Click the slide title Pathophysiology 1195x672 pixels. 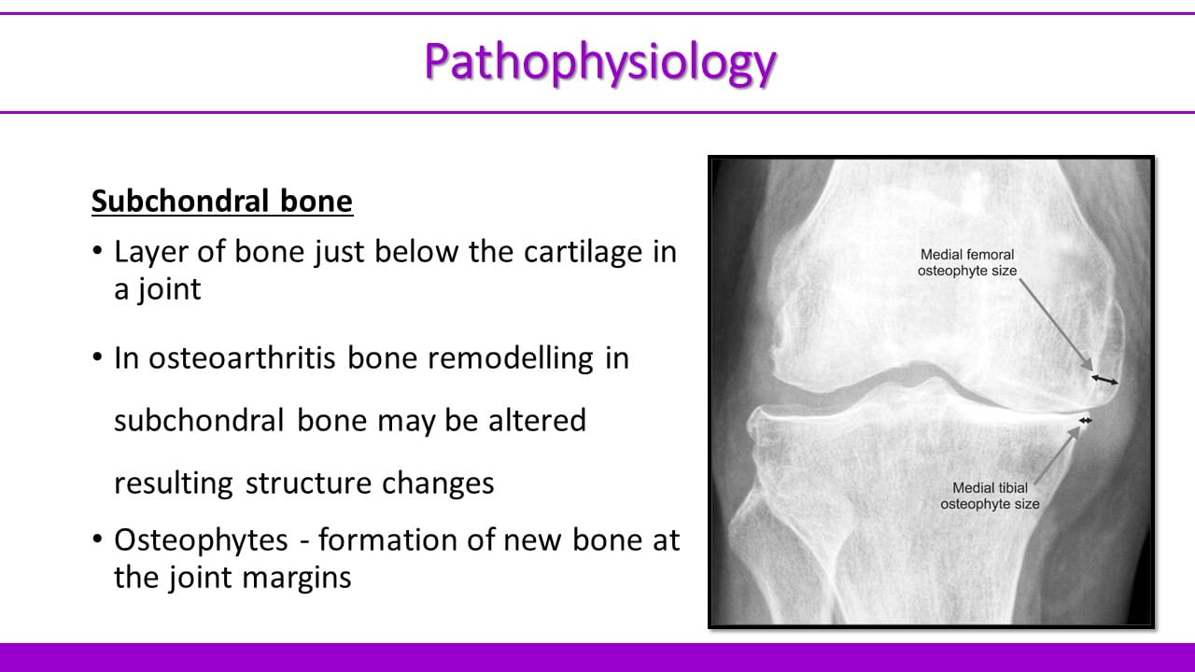600,63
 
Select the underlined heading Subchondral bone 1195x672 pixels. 222,201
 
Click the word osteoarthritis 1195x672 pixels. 241,357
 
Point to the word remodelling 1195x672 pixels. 510,357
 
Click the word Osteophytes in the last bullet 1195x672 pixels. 201,540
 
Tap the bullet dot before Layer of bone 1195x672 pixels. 97,250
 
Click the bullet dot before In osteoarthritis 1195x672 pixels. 97,357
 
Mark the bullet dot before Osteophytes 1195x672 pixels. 97,539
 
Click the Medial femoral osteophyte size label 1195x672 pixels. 967,262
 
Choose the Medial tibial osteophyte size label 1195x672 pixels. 990,496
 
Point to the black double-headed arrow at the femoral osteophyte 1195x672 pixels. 1104,380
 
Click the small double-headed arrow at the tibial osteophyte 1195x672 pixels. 1085,421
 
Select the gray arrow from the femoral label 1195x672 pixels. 1056,325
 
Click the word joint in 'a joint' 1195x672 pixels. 170,290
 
